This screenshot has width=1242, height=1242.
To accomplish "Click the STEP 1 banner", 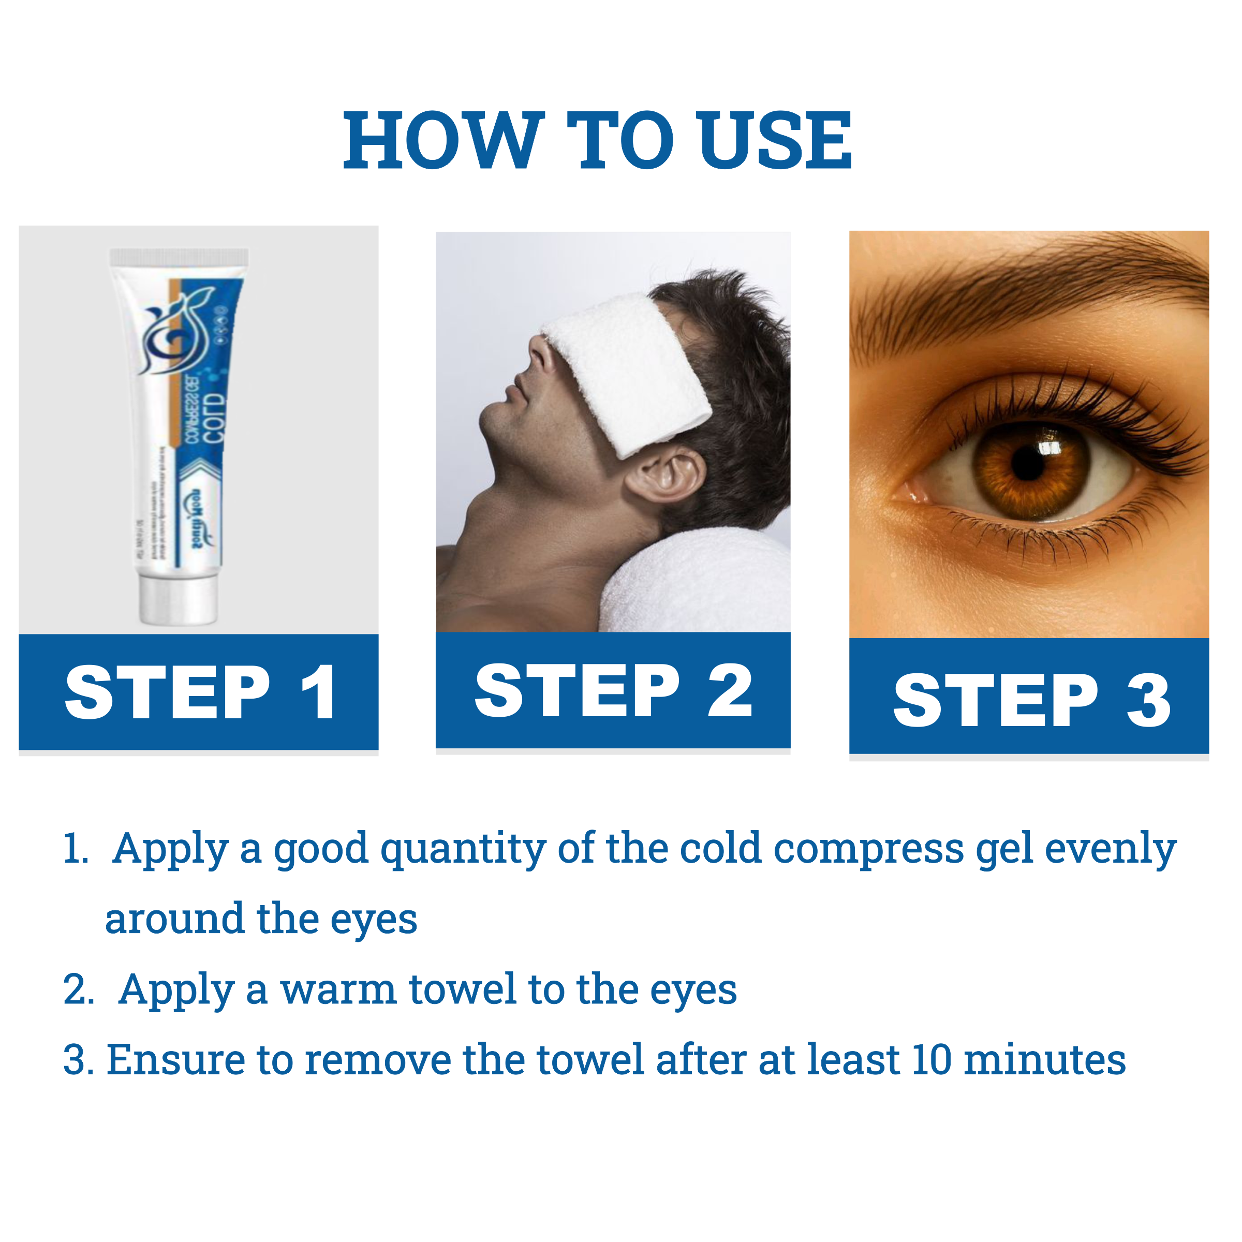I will pos(199,692).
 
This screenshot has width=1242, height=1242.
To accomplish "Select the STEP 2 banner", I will pos(613,690).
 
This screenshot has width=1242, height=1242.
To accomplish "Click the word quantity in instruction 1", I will pos(463,850).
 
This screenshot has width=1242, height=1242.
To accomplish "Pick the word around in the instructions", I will pos(175,919).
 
